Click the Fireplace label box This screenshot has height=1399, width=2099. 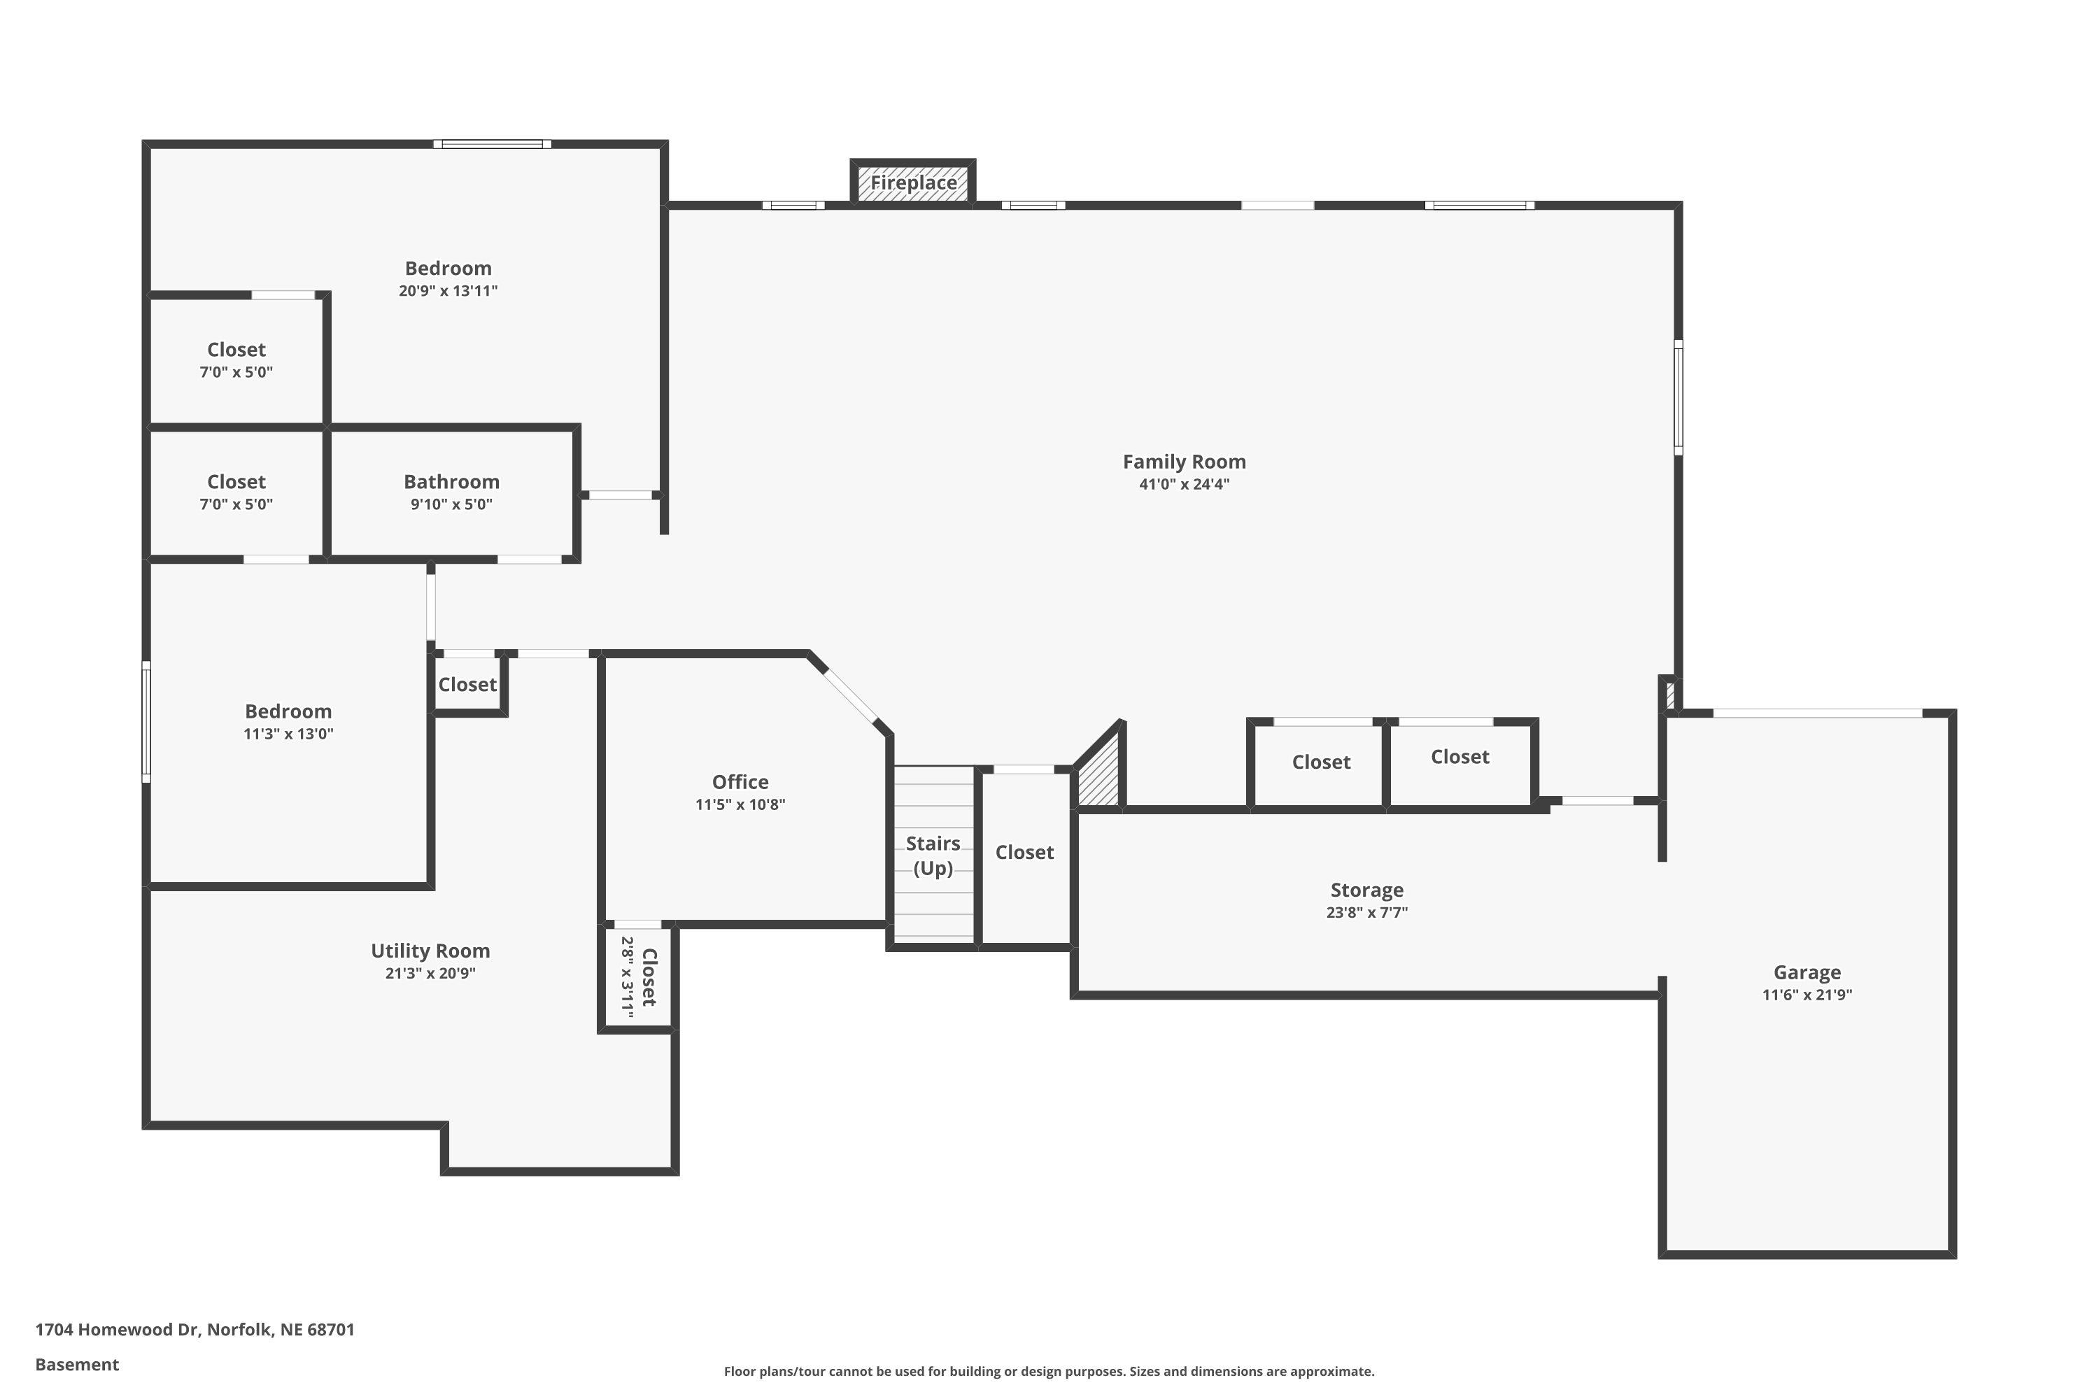coord(913,183)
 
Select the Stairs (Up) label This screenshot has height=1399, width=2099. coord(933,855)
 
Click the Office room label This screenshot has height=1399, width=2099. coord(740,781)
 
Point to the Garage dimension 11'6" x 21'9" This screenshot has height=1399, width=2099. coord(1807,995)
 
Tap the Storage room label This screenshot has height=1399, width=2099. coord(1366,890)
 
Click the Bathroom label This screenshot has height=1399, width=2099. coord(451,482)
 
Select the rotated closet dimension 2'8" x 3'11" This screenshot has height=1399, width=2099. coord(628,977)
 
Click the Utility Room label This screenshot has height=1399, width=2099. coord(430,950)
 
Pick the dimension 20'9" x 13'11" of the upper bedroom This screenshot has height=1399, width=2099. coord(448,291)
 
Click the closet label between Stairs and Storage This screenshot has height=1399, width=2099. coord(1024,852)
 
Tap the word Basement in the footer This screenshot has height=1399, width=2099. coord(77,1364)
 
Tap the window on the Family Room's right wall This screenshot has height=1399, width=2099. coord(1678,397)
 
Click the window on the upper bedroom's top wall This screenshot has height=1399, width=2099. coord(492,143)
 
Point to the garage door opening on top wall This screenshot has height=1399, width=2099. coord(1817,713)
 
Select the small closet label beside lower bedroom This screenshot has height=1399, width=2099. coord(467,684)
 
